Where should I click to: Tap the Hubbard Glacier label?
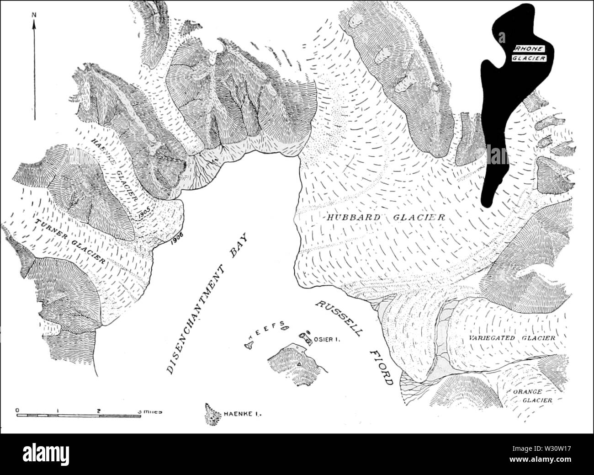coord(386,218)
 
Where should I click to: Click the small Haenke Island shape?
coord(211,414)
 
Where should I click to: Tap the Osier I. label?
coord(325,340)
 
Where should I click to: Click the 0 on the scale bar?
coord(16,410)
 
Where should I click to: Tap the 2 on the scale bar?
coord(99,410)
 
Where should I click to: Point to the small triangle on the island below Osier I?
coord(299,364)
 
